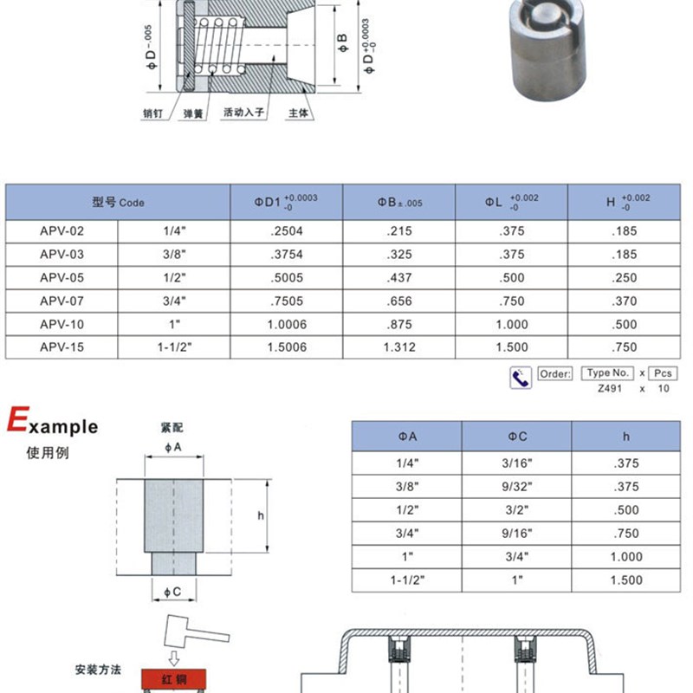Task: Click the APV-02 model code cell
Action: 62,231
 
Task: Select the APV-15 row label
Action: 62,347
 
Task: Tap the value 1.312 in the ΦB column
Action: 398,347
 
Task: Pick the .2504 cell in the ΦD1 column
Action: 286,231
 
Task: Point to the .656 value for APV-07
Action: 398,301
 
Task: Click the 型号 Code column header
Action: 118,202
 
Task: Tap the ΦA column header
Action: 406,437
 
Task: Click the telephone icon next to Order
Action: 521,377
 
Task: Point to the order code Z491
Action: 610,389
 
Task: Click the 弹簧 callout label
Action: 191,113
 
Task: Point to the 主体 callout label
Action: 298,113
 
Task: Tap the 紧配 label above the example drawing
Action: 172,428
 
